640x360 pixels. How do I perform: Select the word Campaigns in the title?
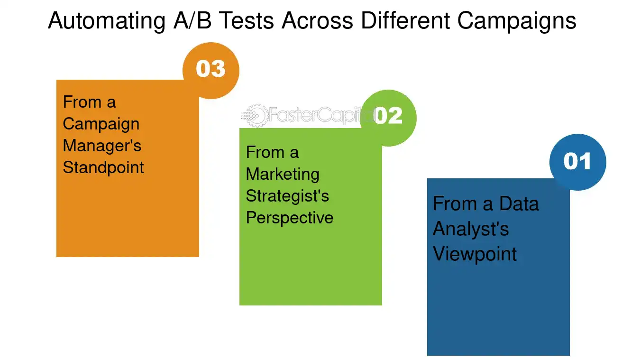pyautogui.click(x=517, y=21)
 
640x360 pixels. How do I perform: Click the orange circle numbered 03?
pyautogui.click(x=211, y=70)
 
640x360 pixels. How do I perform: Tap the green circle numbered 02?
pyautogui.click(x=388, y=117)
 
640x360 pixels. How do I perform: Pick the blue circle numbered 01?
pyautogui.click(x=577, y=162)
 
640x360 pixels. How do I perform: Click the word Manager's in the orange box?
pyautogui.click(x=102, y=146)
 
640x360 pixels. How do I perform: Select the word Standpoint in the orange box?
pyautogui.click(x=103, y=167)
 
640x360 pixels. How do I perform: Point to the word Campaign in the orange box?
pyautogui.click(x=101, y=124)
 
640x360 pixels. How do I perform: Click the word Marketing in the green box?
pyautogui.click(x=283, y=174)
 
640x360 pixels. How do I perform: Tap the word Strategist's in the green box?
pyautogui.click(x=287, y=196)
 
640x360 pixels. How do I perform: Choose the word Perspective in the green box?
pyautogui.click(x=290, y=218)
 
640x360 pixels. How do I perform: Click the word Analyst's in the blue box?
pyautogui.click(x=471, y=229)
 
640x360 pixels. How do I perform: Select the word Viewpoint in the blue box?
pyautogui.click(x=475, y=254)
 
